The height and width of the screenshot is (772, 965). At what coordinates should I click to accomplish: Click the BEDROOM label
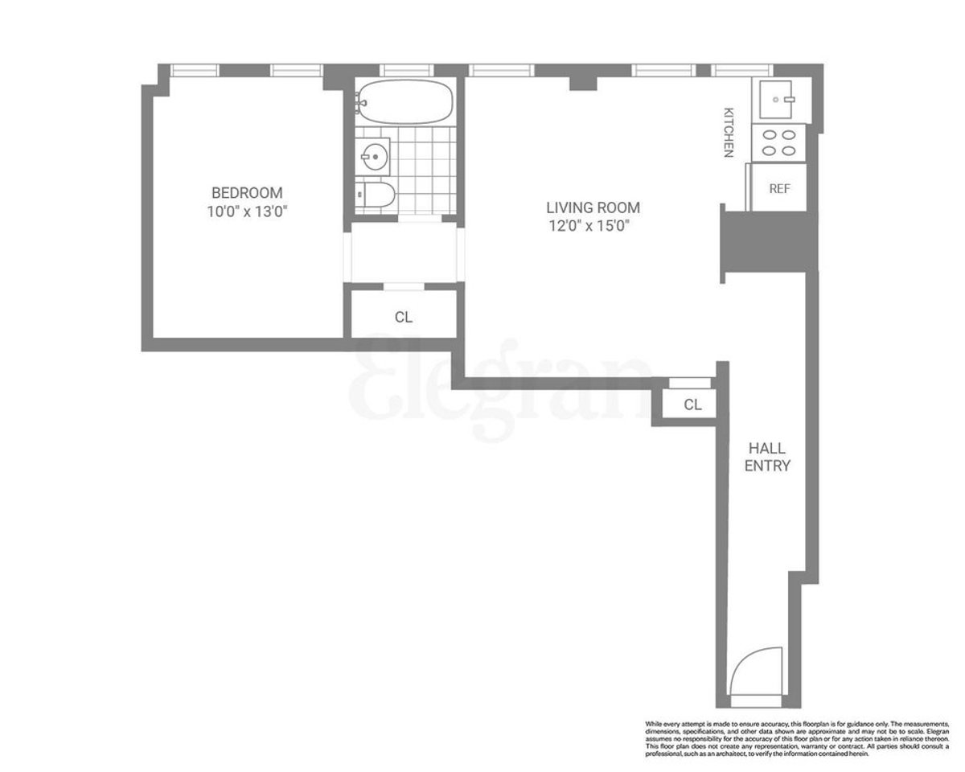[x=247, y=192]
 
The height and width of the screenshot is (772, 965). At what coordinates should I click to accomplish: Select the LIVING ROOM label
[x=593, y=207]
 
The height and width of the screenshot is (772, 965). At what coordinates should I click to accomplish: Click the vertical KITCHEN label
[x=729, y=132]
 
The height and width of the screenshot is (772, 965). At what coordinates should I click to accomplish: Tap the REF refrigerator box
[x=779, y=188]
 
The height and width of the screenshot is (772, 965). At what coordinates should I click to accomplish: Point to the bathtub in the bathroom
[x=404, y=101]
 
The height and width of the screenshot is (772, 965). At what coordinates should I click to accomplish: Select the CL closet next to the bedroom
[x=404, y=317]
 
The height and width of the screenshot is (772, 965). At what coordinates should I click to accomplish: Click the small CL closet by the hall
[x=692, y=404]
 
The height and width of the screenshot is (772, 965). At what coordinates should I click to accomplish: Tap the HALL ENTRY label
[x=767, y=457]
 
